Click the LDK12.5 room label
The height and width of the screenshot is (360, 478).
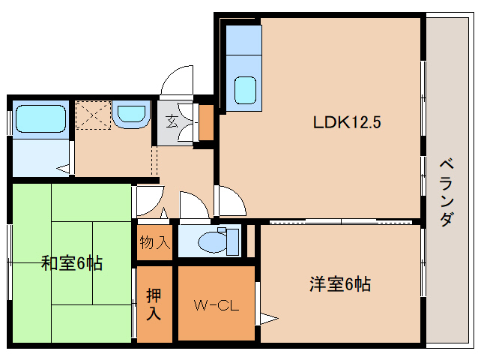pyautogui.click(x=347, y=123)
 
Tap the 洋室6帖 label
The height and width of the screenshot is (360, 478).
pyautogui.click(x=340, y=285)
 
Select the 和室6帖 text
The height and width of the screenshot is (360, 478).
pyautogui.click(x=72, y=263)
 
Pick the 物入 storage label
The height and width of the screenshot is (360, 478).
pyautogui.click(x=155, y=242)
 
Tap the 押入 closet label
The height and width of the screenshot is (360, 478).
pyautogui.click(x=154, y=304)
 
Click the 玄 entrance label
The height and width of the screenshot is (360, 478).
pyautogui.click(x=172, y=119)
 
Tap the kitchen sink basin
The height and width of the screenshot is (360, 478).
pyautogui.click(x=246, y=91)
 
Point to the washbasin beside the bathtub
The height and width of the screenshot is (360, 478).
pyautogui.click(x=133, y=115)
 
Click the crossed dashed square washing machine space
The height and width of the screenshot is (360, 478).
pyautogui.click(x=91, y=115)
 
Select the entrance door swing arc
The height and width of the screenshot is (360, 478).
pyautogui.click(x=177, y=81)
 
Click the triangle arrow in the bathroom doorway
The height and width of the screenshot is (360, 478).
pyautogui.click(x=64, y=170)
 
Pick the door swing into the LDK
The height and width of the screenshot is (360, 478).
pyautogui.click(x=231, y=199)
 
